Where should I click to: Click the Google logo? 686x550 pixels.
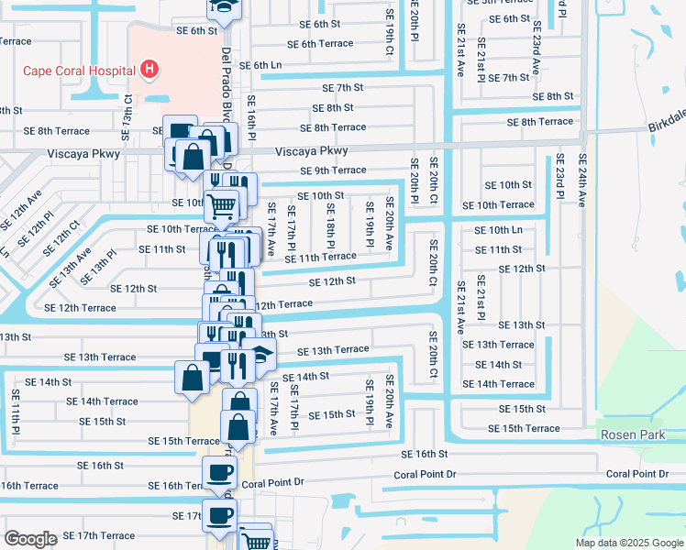pyautogui.click(x=30, y=539)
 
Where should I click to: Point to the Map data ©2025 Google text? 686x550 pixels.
pyautogui.click(x=629, y=543)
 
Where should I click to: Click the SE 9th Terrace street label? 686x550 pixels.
pyautogui.click(x=333, y=170)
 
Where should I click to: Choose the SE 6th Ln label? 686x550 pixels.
pyautogui.click(x=260, y=65)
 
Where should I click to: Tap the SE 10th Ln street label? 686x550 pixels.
pyautogui.click(x=498, y=230)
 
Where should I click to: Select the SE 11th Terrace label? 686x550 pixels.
pyautogui.click(x=320, y=258)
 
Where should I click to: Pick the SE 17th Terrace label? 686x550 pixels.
pyautogui.click(x=99, y=535)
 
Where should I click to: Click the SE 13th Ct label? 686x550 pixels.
pyautogui.click(x=127, y=110)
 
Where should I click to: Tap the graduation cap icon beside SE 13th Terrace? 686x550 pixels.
pyautogui.click(x=263, y=356)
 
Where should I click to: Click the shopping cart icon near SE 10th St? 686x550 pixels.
pyautogui.click(x=221, y=203)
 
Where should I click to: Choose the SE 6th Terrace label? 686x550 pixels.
pyautogui.click(x=320, y=44)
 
